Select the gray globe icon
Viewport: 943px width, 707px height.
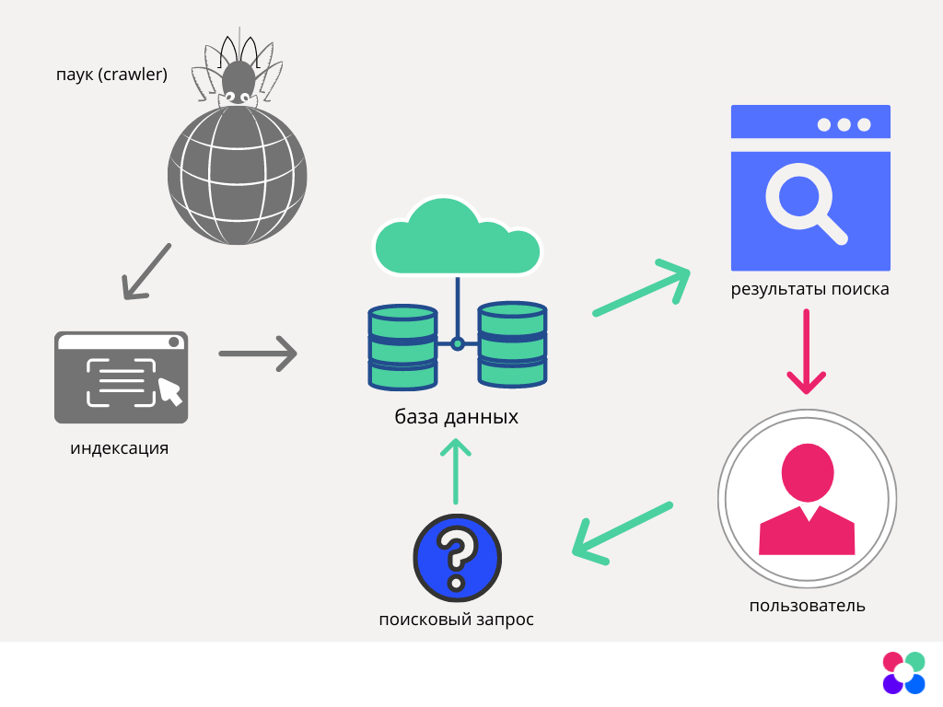coord(237,175)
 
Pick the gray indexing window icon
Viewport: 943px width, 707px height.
coord(121,377)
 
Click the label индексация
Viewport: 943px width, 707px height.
coord(120,449)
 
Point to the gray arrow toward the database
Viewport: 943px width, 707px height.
coord(258,353)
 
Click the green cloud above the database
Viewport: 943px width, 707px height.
coord(456,238)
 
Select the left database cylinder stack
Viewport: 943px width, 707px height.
coord(402,347)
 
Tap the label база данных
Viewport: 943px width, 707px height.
coord(457,417)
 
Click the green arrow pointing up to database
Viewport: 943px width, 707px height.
coord(456,469)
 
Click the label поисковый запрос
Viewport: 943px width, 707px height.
coord(456,620)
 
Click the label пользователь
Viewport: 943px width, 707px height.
coord(807,606)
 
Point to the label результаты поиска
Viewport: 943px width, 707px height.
coord(809,289)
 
